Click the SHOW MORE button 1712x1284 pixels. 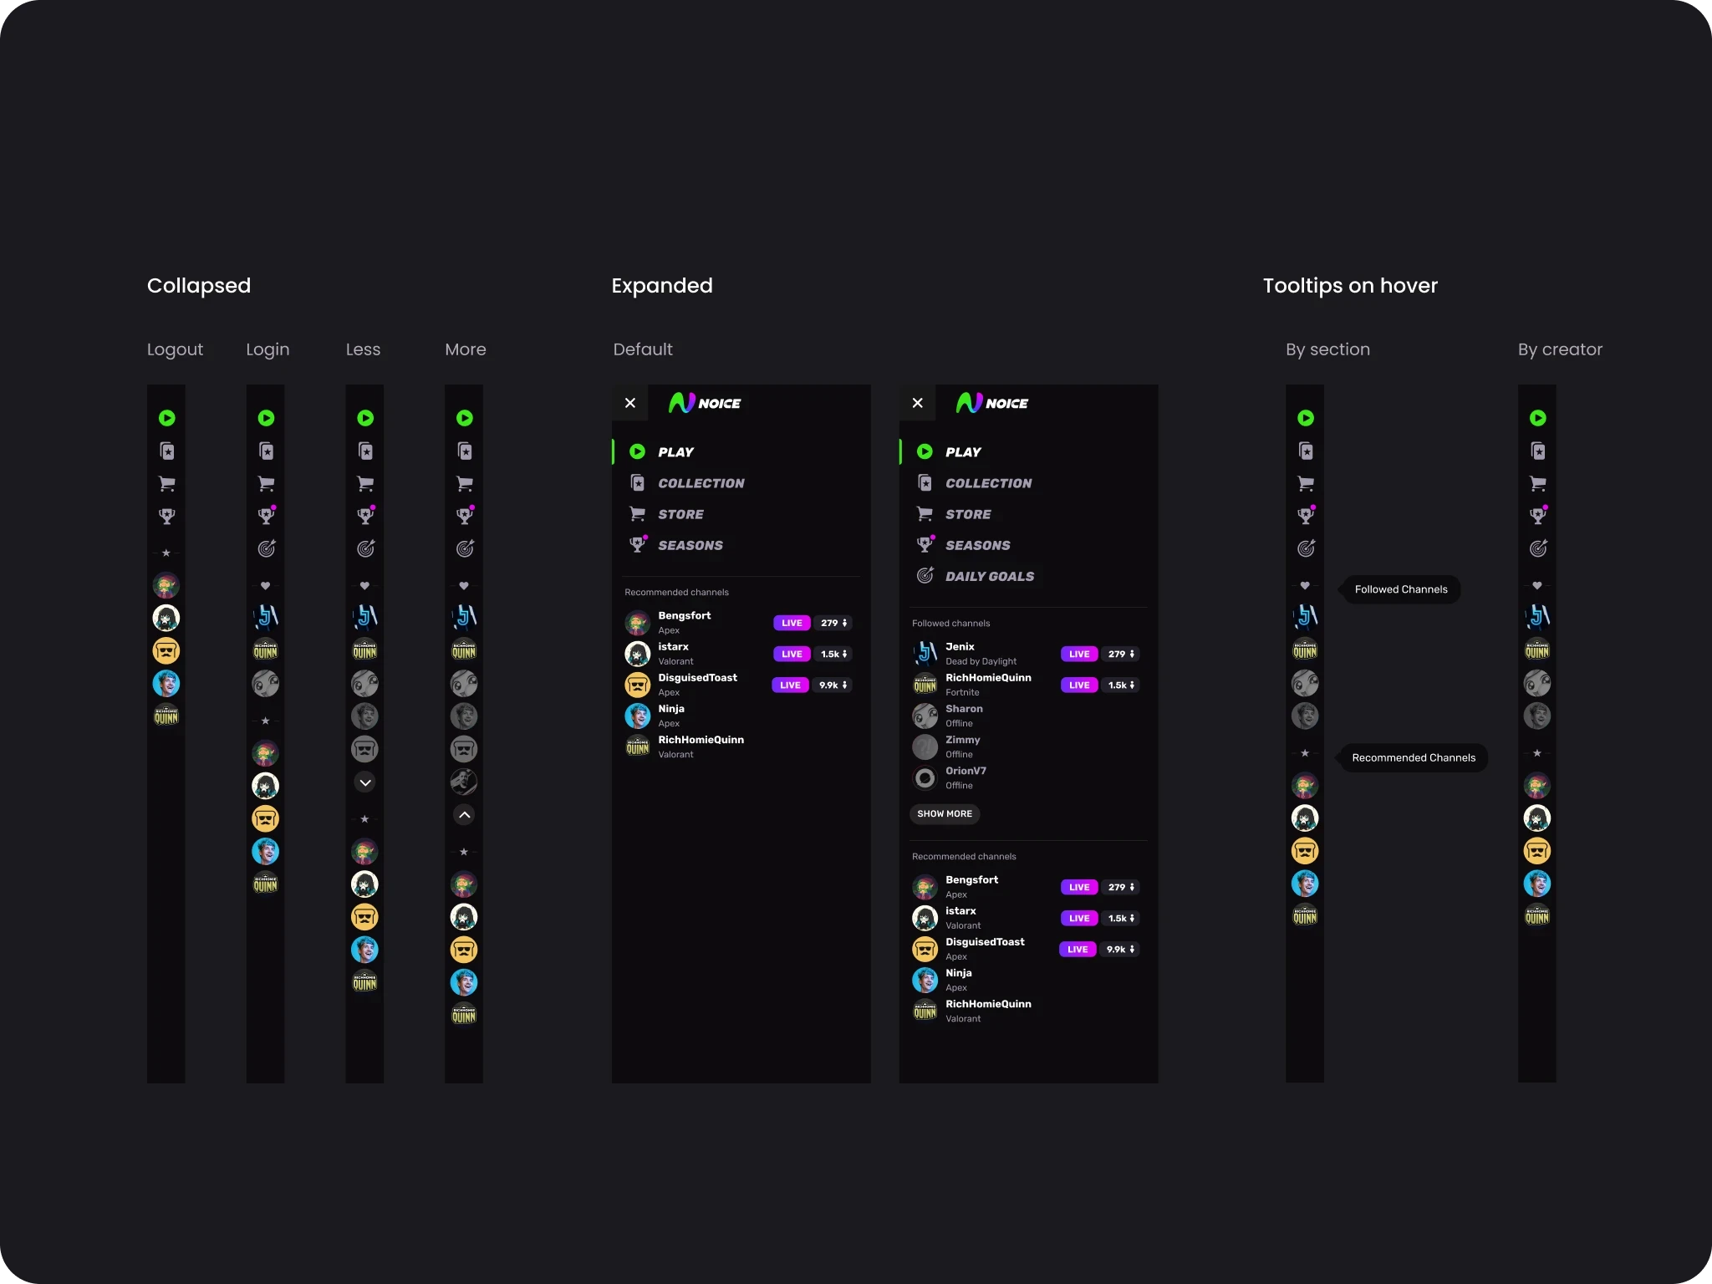click(944, 814)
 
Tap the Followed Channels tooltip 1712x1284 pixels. click(1400, 589)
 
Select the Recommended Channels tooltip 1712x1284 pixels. click(1413, 758)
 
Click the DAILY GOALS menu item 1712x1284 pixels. click(989, 576)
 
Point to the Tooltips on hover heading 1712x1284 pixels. click(1349, 286)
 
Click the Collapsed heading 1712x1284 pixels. click(199, 286)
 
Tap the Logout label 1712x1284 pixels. click(175, 349)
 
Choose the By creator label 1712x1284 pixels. click(1559, 349)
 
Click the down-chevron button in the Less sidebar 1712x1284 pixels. click(365, 782)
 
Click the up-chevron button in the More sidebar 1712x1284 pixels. click(464, 815)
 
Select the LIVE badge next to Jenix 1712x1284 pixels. click(1078, 654)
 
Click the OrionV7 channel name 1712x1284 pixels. click(966, 771)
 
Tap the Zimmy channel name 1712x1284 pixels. click(962, 740)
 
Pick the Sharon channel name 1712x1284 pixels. click(964, 709)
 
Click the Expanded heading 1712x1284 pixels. click(661, 286)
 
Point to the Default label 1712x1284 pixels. click(642, 349)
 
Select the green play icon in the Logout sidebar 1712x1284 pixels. click(167, 418)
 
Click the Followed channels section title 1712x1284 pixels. click(950, 624)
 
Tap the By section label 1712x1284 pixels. click(1327, 349)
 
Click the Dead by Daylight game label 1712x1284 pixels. click(981, 661)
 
